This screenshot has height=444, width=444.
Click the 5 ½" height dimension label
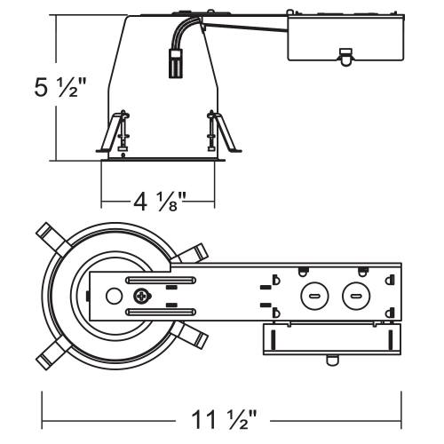click(60, 88)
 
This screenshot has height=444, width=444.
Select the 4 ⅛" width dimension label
click(159, 202)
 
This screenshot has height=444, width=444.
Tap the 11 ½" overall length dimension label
click(224, 419)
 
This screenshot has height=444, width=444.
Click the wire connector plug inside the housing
click(176, 63)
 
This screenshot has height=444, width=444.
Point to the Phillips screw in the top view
click(142, 297)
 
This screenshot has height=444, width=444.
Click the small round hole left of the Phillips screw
click(114, 296)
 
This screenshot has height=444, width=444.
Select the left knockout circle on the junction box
click(314, 296)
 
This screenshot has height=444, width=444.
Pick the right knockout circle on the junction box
click(356, 296)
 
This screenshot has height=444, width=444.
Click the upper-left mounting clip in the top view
click(53, 239)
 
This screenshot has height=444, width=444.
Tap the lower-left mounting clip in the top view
click(53, 353)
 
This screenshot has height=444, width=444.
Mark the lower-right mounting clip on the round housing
click(193, 335)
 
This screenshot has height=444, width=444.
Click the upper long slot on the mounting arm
click(161, 280)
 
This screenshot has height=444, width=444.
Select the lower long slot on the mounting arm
click(161, 312)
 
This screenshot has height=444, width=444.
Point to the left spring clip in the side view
click(114, 132)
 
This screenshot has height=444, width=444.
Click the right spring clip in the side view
click(224, 131)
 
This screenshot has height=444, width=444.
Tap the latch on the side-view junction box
click(345, 57)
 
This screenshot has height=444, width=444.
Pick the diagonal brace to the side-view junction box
click(245, 27)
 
